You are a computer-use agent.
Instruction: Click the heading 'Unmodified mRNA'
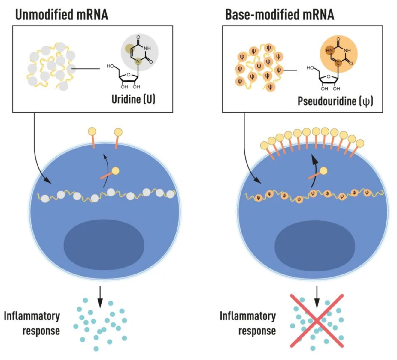pyautogui.click(x=62, y=14)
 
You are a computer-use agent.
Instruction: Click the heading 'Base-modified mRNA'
pyautogui.click(x=279, y=14)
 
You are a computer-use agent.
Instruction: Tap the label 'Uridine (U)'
pyautogui.click(x=133, y=99)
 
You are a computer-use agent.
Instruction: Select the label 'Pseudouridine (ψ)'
pyautogui.click(x=335, y=101)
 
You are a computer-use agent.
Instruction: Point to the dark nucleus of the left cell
pyautogui.click(x=104, y=244)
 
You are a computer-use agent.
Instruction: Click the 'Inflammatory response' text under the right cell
pyautogui.click(x=248, y=323)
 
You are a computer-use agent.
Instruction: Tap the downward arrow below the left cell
pyautogui.click(x=100, y=297)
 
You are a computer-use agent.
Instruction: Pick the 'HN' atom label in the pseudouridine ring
pyautogui.click(x=329, y=50)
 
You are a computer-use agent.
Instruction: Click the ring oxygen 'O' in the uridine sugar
pyautogui.click(x=129, y=75)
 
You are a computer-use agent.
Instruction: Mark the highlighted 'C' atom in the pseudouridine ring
pyautogui.click(x=338, y=63)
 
